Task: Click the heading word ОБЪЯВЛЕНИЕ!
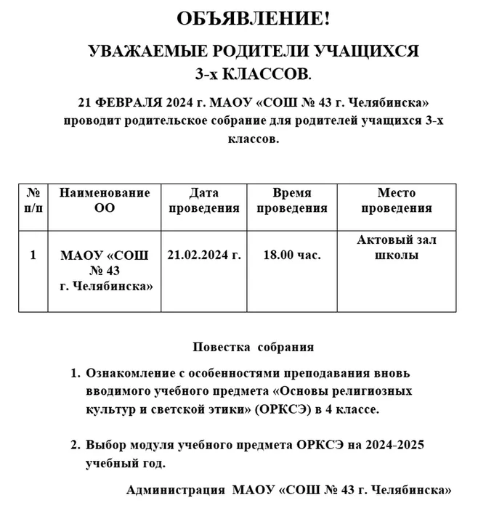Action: point(254,20)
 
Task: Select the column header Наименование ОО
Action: point(105,201)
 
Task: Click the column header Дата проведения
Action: point(203,201)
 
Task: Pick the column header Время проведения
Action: point(291,201)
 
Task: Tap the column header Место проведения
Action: point(397,201)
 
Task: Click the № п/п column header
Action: point(33,201)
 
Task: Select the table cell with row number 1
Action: point(33,255)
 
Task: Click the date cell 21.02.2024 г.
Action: point(203,255)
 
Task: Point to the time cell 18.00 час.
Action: point(292,255)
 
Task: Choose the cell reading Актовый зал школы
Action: point(397,247)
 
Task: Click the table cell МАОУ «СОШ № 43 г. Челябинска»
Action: point(105,271)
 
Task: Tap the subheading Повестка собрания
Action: point(254,347)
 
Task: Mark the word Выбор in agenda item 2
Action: point(104,446)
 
